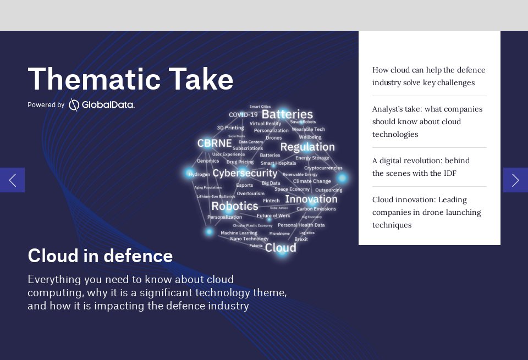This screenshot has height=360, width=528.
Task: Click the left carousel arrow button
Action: [12, 180]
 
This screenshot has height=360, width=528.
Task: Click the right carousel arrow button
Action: [515, 180]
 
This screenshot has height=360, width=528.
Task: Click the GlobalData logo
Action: [102, 104]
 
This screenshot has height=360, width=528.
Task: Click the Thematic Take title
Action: [130, 79]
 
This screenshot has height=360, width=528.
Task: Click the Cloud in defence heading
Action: [100, 256]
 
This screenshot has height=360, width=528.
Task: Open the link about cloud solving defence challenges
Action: [428, 76]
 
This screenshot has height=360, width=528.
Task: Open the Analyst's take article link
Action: [427, 121]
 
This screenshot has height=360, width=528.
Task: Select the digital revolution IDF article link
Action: [421, 167]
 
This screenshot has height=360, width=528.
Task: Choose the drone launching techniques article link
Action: [426, 212]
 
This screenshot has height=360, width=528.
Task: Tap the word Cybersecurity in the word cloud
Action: [245, 173]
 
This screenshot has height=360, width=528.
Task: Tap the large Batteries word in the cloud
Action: [287, 114]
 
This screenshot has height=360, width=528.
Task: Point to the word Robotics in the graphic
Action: [234, 206]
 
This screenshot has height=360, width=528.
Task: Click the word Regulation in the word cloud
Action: [307, 147]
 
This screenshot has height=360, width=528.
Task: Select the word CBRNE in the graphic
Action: [215, 143]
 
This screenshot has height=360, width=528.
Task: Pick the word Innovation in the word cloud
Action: [311, 199]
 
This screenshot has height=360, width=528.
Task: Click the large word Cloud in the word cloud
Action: [280, 247]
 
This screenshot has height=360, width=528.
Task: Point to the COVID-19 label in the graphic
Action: [243, 115]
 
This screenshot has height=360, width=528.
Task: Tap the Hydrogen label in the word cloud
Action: [199, 174]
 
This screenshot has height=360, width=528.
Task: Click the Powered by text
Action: [46, 105]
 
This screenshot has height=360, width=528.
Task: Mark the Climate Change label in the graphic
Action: [312, 181]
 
